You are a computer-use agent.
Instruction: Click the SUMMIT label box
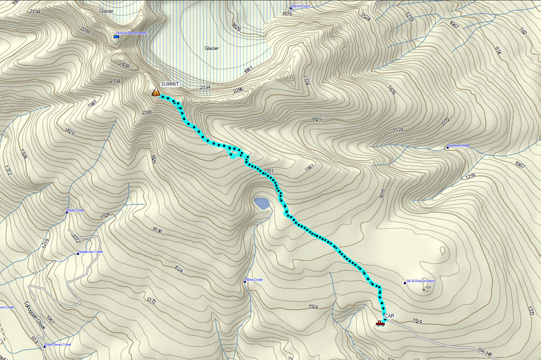click(x=170, y=84)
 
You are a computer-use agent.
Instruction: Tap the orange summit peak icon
click(x=156, y=92)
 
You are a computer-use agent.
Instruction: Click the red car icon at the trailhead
click(x=379, y=323)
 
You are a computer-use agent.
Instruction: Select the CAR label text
click(x=389, y=316)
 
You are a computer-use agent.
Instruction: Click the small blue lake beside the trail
click(x=261, y=203)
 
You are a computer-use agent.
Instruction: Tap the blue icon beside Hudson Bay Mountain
click(x=116, y=37)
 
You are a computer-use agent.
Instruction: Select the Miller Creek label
click(x=254, y=279)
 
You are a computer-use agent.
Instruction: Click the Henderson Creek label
click(x=92, y=252)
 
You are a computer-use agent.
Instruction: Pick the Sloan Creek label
click(x=77, y=210)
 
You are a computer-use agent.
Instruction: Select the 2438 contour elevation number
click(x=124, y=64)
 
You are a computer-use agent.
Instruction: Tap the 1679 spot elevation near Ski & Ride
click(x=427, y=288)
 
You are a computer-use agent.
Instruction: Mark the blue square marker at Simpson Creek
click(x=447, y=147)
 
